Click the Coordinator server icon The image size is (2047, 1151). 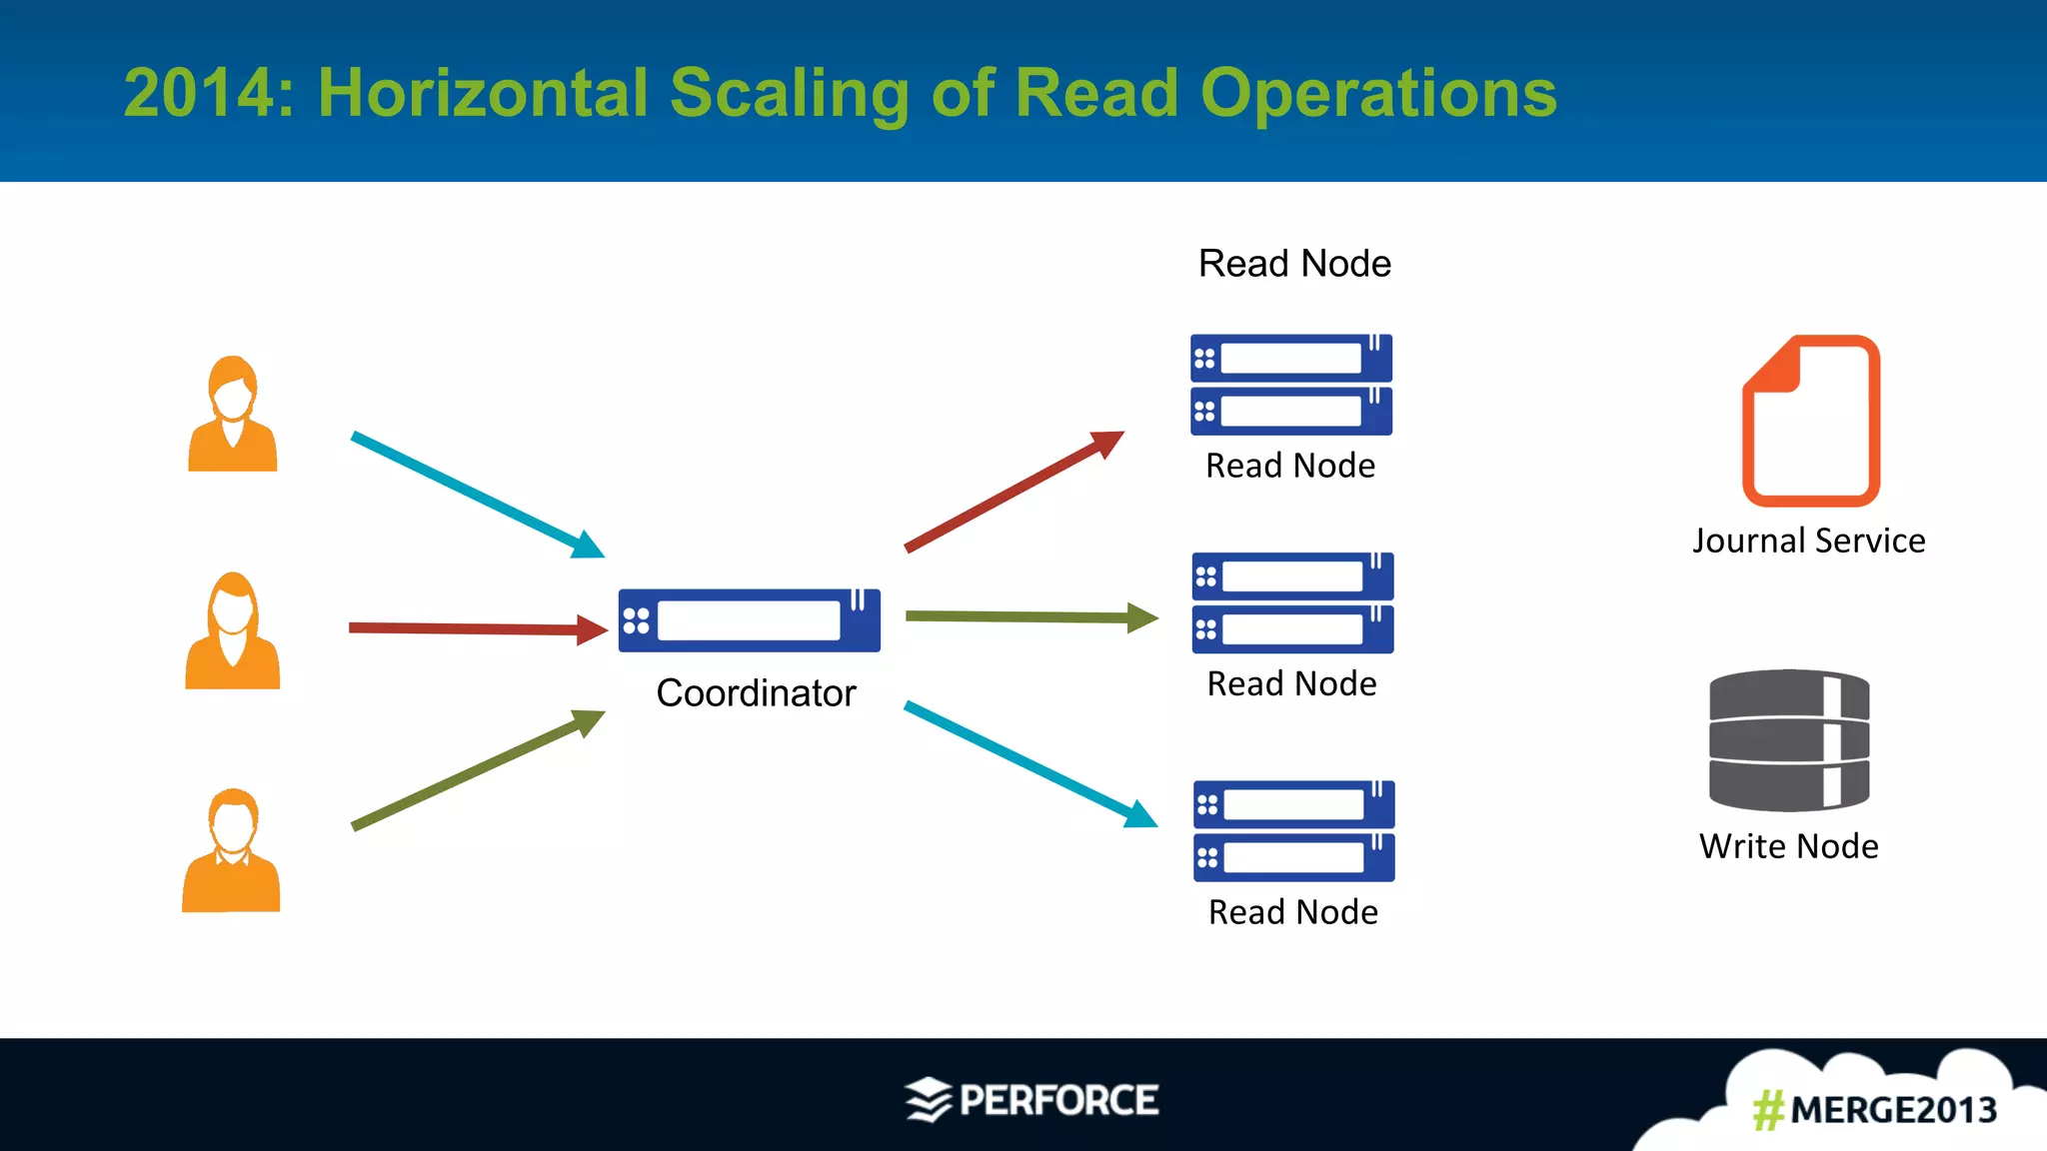[749, 620]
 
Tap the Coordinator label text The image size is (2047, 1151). [756, 693]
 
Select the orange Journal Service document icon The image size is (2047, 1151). [1811, 421]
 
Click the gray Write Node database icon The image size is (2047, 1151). [1789, 740]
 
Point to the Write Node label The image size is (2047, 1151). [1788, 846]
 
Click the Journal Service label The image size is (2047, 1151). [1808, 541]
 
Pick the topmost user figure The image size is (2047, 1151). [233, 414]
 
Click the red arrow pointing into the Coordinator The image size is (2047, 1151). [478, 628]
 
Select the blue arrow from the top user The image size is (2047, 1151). [478, 495]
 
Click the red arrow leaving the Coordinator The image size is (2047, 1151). [1014, 491]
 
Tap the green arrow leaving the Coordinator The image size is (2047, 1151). [1029, 617]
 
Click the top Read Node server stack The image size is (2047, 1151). [1291, 385]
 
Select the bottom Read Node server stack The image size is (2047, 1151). [1294, 831]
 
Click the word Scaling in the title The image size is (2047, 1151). [789, 93]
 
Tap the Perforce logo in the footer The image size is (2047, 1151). [1031, 1100]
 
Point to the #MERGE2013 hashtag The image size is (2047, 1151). [1874, 1110]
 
